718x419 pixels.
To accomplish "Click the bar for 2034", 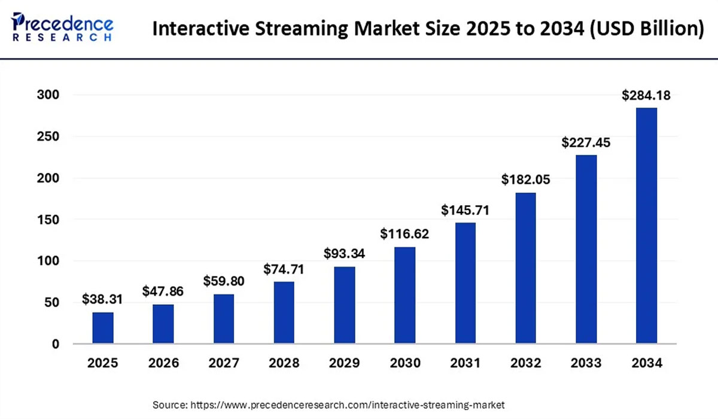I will point(646,226).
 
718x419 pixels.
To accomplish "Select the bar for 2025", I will point(103,328).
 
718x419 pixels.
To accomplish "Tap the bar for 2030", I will point(404,296).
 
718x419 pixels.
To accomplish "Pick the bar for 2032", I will point(525,268).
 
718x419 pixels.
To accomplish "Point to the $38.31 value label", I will point(103,299).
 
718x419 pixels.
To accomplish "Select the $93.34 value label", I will point(344,253).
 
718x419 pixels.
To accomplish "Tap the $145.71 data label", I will point(465,210).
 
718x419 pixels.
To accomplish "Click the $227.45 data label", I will point(586,142).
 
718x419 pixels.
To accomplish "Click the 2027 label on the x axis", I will point(224,363).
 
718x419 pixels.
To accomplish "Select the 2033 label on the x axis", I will point(586,363).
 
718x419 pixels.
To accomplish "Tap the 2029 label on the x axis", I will point(344,363).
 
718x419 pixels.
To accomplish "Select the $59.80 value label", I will point(224,281).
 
